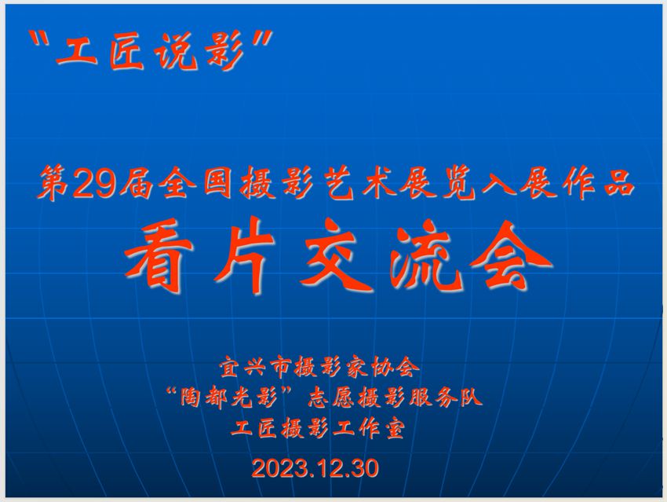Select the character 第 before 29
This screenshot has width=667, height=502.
tap(54, 185)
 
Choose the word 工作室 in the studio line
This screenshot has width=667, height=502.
tap(367, 428)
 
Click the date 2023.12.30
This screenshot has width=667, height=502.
tap(315, 468)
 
